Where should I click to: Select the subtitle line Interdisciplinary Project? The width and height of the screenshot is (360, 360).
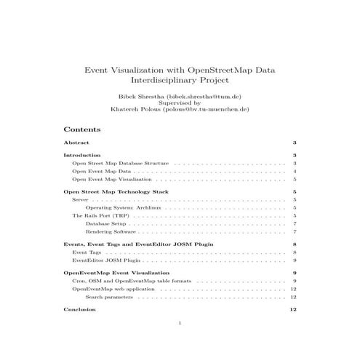tap(179, 81)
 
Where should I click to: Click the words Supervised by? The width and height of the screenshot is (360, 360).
tap(179, 103)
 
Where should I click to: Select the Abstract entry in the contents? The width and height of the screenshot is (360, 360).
tap(76, 143)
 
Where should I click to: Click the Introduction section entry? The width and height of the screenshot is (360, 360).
tap(81, 156)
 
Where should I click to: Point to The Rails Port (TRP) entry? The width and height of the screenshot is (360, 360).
tap(100, 215)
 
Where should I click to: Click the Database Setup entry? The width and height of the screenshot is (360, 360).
tap(105, 223)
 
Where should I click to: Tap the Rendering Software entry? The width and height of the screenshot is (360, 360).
tap(108, 231)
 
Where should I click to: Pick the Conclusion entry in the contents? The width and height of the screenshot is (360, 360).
tap(79, 310)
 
